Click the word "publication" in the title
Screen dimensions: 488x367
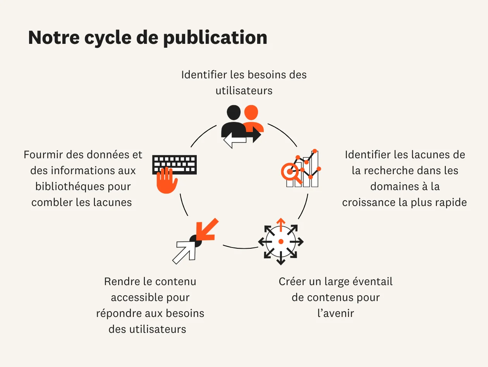[215, 38]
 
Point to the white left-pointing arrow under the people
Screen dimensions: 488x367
[234, 142]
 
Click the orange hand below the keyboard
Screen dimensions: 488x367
[167, 180]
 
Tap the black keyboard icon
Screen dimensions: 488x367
[175, 164]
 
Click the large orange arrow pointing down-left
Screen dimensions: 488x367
[206, 230]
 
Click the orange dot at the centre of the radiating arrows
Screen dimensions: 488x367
[281, 242]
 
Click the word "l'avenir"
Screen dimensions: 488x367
[335, 313]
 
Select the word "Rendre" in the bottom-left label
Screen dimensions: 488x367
[119, 282]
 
